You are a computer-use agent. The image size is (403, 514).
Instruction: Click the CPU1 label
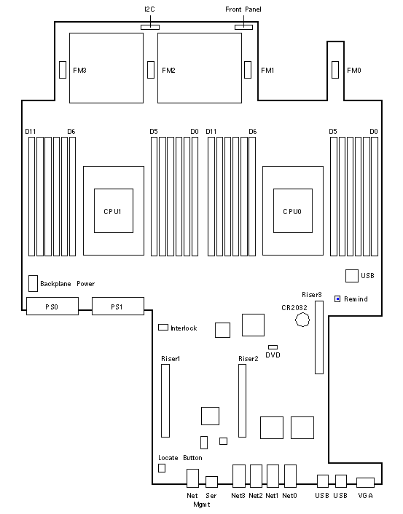point(112,211)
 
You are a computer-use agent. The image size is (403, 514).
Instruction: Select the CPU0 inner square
point(293,211)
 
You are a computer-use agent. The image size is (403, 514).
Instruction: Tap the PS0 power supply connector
point(52,307)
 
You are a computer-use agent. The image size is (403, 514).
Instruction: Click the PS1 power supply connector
point(118,307)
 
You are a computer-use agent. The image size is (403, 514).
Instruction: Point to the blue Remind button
point(337,299)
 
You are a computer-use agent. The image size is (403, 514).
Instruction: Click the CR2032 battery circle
point(302,320)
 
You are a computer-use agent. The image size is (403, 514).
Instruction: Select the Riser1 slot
point(165,400)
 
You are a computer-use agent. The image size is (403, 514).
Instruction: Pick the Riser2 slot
point(242,400)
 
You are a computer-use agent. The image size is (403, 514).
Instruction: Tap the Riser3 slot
point(319,337)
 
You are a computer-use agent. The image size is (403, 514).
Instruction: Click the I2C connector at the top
point(150,27)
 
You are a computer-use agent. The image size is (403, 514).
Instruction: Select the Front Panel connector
point(243,27)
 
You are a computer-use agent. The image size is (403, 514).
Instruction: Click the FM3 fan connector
point(63,70)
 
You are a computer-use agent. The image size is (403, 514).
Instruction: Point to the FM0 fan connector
point(335,70)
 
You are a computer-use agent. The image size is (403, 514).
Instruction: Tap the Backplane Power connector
point(33,283)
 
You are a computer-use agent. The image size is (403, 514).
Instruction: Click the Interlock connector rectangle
point(163,327)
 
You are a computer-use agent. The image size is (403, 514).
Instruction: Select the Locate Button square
point(162,468)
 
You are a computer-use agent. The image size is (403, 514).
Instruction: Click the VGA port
point(365,483)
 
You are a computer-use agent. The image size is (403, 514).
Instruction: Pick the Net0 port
point(290,475)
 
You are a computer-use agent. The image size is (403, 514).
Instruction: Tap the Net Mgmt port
point(192,478)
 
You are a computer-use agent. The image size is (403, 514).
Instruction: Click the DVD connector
point(273,347)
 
